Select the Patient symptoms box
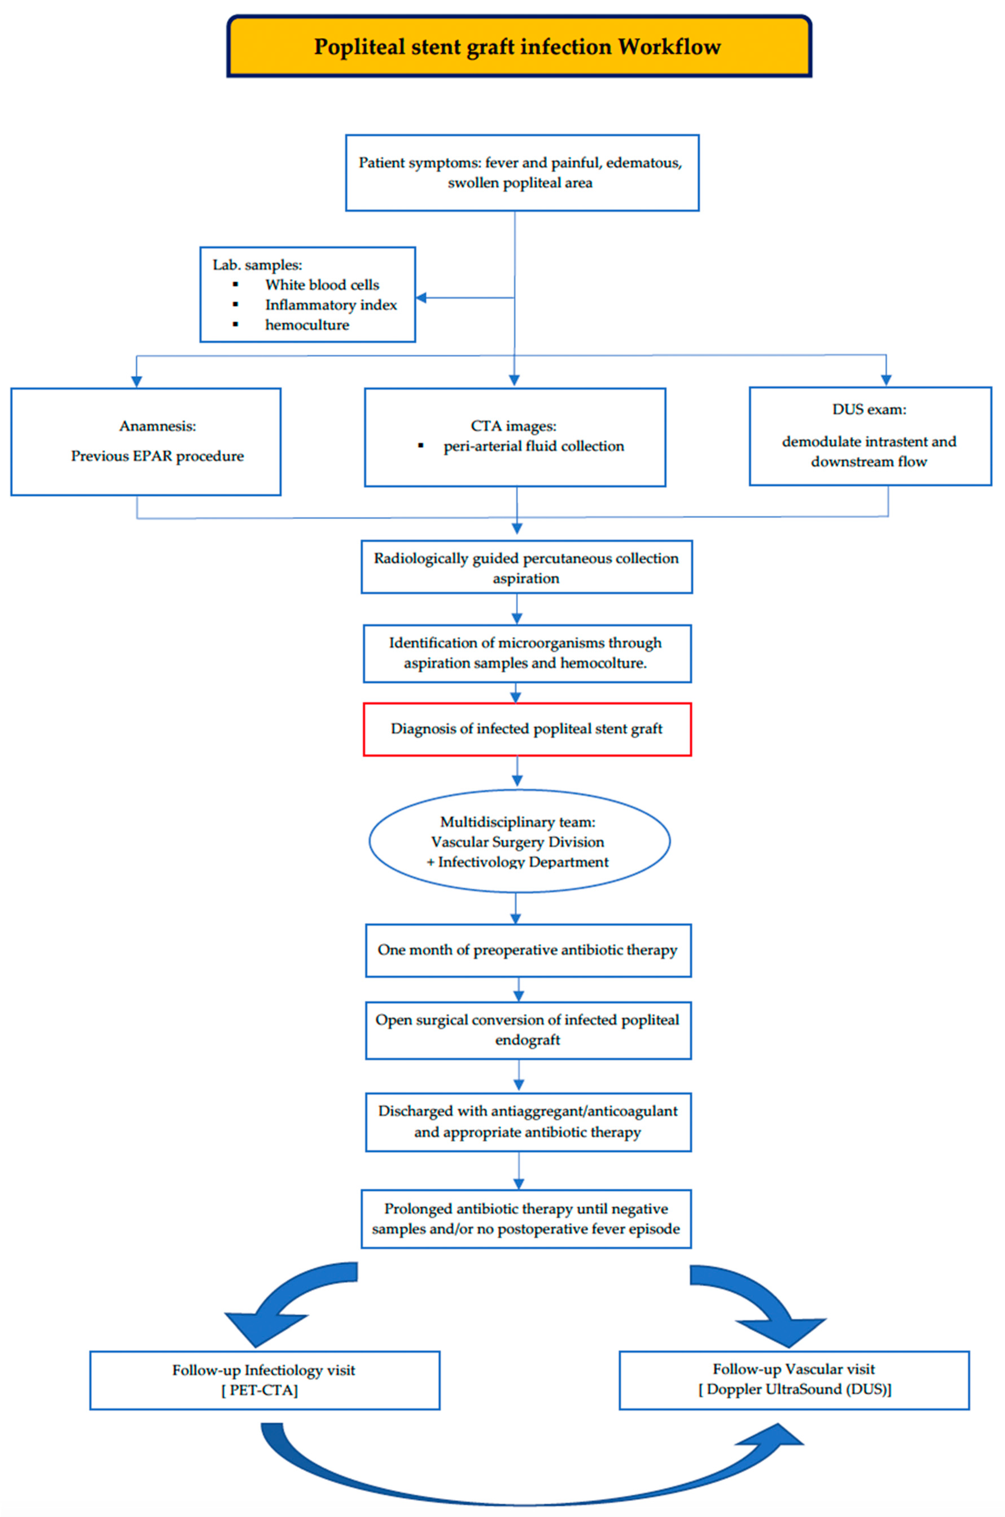tap(522, 172)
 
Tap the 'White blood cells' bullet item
tap(322, 284)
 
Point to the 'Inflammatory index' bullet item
tap(331, 305)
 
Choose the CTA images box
tap(515, 437)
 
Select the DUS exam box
tap(870, 436)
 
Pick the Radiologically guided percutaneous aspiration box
tap(526, 567)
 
